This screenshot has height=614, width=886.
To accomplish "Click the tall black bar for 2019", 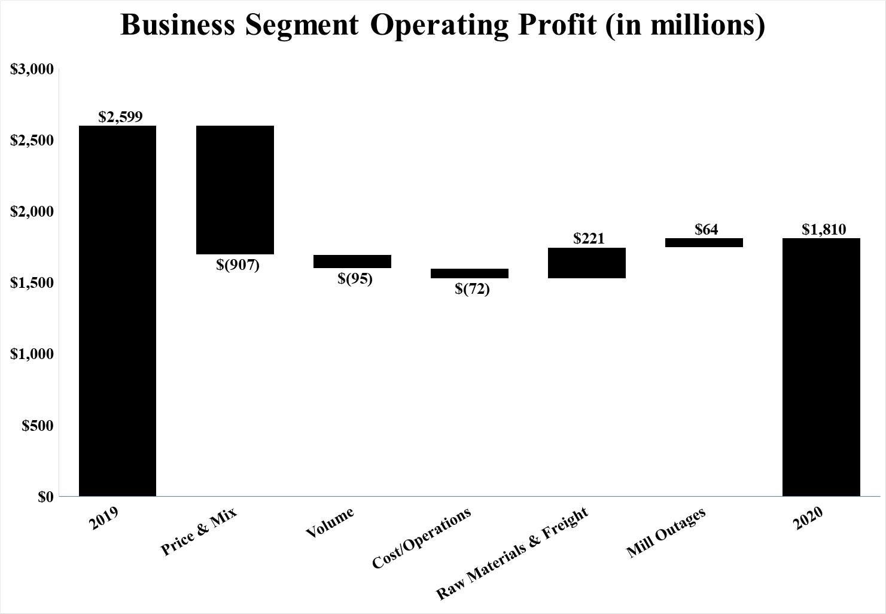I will point(117,311).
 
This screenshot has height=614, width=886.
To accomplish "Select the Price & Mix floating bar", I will point(235,190).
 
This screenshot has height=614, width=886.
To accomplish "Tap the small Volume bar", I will point(352,262).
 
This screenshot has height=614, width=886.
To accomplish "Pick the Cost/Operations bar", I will point(470,273).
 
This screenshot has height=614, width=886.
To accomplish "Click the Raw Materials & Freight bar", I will point(587,263).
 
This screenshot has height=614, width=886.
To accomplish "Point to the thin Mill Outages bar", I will point(704,242).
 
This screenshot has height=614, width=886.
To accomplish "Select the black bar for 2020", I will point(821,367).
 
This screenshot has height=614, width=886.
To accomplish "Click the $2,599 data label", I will point(120,116).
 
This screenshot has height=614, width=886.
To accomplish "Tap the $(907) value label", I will point(238,265).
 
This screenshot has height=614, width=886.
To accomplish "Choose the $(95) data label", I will point(355,278).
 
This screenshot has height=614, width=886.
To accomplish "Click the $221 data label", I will point(589,239).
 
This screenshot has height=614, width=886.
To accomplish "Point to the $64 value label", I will point(706,229).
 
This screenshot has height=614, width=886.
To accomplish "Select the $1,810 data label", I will point(824,229).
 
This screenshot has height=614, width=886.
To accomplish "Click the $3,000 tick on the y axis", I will point(33,69).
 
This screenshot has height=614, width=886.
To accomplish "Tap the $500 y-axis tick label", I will point(38,425).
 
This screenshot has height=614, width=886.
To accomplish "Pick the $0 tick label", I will point(45,497).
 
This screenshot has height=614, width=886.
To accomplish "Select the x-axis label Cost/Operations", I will point(422,537).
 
